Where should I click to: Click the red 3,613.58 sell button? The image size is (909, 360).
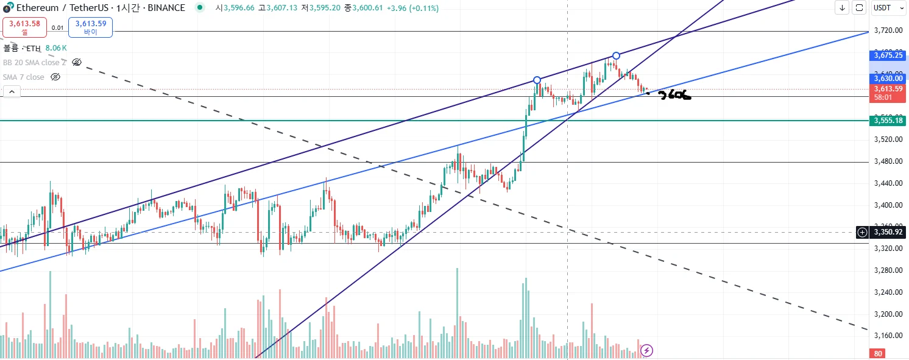click(x=24, y=27)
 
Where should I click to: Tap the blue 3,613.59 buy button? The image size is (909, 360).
click(x=90, y=27)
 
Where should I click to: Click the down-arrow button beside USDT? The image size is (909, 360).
click(x=842, y=8)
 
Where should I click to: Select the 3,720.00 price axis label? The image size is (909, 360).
click(x=887, y=30)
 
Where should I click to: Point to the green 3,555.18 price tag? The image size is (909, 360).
click(x=887, y=121)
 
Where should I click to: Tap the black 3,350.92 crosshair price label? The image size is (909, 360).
click(x=887, y=232)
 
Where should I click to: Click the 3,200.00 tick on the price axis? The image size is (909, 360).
click(x=887, y=314)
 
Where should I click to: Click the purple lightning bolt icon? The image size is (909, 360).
click(x=647, y=350)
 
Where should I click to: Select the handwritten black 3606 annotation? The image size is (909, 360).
click(x=674, y=95)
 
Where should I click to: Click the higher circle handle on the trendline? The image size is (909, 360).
click(x=617, y=55)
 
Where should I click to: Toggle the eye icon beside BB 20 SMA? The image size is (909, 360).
click(x=77, y=62)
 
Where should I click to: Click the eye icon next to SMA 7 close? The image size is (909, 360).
click(x=55, y=77)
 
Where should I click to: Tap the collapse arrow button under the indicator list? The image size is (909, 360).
click(x=12, y=92)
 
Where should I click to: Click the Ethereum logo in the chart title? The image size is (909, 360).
click(x=7, y=8)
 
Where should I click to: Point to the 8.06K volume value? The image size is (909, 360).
click(x=55, y=48)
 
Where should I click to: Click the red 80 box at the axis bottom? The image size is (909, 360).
click(x=879, y=354)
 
